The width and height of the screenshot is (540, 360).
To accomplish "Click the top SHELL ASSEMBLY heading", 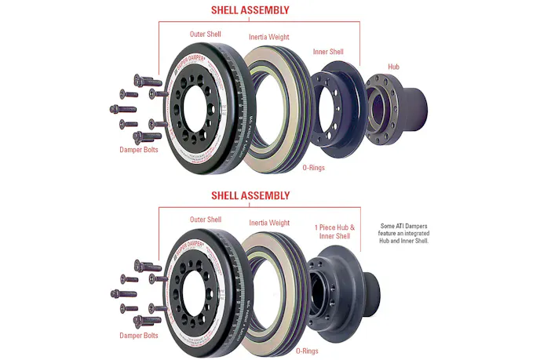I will tap(250, 11).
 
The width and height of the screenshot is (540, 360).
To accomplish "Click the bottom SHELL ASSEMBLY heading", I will tap(250, 195).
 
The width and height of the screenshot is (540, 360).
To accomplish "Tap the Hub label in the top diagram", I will tap(394, 67).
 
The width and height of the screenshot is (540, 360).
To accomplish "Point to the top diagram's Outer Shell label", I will tap(206, 35).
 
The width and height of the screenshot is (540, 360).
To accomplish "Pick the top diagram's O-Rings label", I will tap(315, 166).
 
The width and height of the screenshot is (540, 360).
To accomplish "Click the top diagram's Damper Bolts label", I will tap(139, 149).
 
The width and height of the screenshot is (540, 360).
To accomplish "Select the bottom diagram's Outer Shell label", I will tap(206, 219).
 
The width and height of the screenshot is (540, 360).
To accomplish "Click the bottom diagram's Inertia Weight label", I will tap(268, 223).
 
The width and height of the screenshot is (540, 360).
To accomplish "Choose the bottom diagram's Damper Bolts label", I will tap(139, 335).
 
